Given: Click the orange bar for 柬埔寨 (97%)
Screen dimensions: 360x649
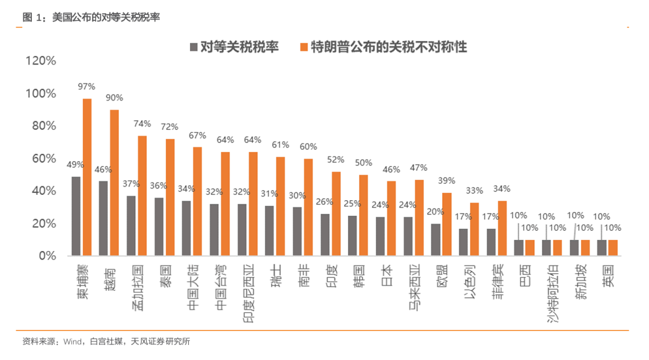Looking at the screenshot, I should coord(87,177).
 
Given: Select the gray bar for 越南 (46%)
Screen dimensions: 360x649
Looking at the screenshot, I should coord(103,218).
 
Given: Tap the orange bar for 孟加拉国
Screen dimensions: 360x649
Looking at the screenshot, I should coord(142,196).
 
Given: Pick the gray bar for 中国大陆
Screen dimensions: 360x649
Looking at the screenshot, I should coord(186,228).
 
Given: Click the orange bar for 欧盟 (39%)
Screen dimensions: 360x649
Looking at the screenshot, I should coord(446,224).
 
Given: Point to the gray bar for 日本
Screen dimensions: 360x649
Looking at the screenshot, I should coord(380,236).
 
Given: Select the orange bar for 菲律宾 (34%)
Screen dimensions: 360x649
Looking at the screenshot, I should coord(502,228).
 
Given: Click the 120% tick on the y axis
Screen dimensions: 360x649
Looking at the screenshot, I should coord(41,61).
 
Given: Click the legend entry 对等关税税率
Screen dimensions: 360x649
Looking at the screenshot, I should coord(234,47).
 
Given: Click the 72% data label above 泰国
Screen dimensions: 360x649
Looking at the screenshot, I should coord(169,127).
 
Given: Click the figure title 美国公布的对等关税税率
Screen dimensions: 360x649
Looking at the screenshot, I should coord(106,17).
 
